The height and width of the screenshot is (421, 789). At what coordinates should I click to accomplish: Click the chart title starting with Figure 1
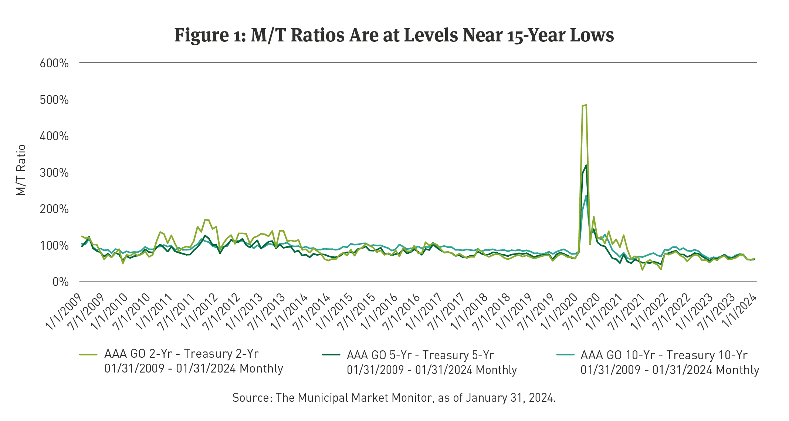pyautogui.click(x=394, y=36)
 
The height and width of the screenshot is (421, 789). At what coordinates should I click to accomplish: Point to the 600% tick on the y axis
pyautogui.click(x=54, y=63)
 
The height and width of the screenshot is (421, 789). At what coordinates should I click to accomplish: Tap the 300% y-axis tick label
pyautogui.click(x=54, y=173)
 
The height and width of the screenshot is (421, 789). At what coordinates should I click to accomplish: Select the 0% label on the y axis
pyautogui.click(x=60, y=282)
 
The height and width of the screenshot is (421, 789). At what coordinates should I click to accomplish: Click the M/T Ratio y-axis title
pyautogui.click(x=21, y=170)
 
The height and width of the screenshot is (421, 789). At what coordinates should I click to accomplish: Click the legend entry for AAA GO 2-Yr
pyautogui.click(x=181, y=361)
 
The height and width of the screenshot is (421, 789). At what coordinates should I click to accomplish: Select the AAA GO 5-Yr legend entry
pyautogui.click(x=420, y=363)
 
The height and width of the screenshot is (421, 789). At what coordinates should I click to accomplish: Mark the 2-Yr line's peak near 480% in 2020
pyautogui.click(x=585, y=105)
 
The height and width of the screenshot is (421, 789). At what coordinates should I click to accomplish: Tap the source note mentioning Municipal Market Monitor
pyautogui.click(x=394, y=398)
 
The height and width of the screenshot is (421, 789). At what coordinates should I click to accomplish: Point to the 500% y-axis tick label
pyautogui.click(x=54, y=100)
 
